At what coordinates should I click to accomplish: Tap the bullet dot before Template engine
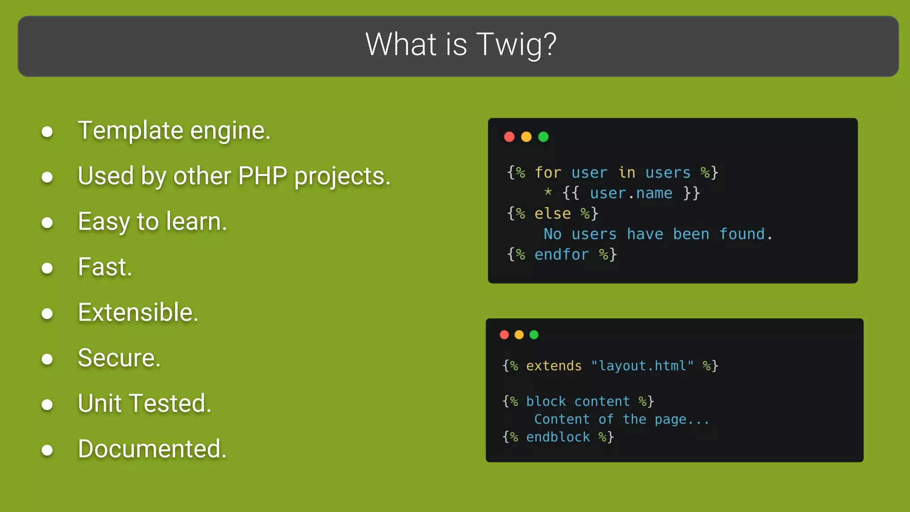47,132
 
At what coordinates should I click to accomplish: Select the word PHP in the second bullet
263,176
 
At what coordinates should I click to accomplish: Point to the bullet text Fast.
105,267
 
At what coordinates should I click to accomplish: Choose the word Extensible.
138,312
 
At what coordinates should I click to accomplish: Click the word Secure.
119,358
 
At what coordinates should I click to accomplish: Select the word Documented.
152,449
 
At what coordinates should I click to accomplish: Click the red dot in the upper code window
509,137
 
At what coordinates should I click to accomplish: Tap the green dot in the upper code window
543,137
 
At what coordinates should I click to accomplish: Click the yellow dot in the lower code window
519,335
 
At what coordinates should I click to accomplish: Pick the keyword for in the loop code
548,172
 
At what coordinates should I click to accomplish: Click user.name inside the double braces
631,193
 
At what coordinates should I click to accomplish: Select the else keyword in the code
552,214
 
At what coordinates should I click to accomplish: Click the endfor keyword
561,255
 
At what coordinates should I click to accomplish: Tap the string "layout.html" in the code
642,366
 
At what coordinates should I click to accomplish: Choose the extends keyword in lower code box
554,366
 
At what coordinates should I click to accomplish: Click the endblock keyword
558,437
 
